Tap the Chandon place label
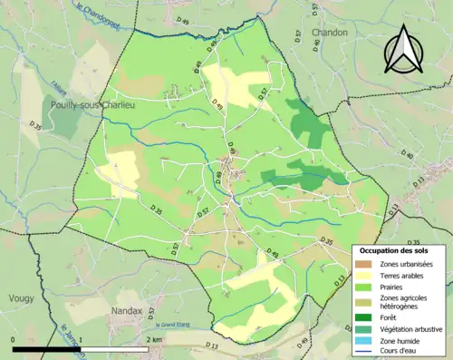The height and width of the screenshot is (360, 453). (x=331, y=33)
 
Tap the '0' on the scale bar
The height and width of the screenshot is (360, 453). (x=14, y=339)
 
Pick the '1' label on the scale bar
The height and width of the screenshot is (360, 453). (x=82, y=339)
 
